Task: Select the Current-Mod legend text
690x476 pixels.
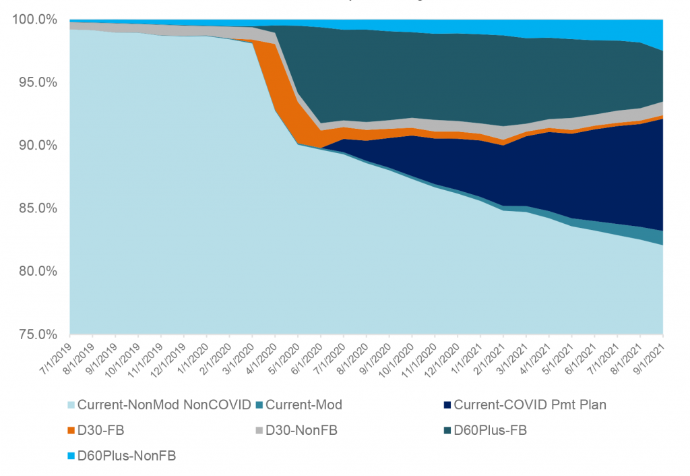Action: (304, 405)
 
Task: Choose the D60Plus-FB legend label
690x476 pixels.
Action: (490, 430)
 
